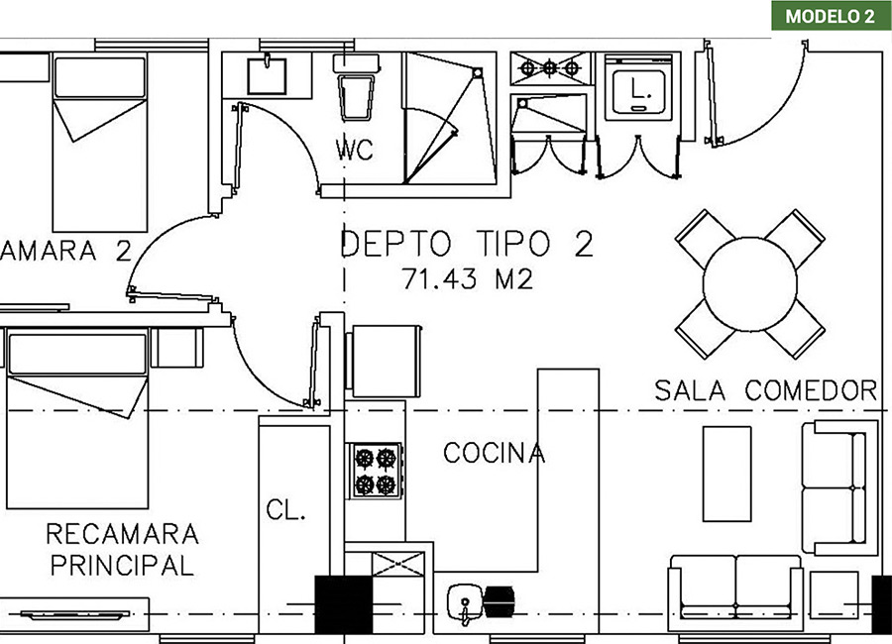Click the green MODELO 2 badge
832,16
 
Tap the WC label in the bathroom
355,150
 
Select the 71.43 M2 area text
468,278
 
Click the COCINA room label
494,453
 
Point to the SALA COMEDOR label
766,390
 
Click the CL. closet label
285,509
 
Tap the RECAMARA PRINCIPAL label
122,550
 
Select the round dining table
750,284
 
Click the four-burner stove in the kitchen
376,471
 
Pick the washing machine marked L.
638,87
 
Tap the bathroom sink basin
267,75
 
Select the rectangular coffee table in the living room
726,474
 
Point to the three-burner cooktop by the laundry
550,68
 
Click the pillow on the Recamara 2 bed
99,77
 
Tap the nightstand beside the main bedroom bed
176,348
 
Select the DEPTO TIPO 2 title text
467,244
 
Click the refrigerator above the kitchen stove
384,362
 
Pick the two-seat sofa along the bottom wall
735,592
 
